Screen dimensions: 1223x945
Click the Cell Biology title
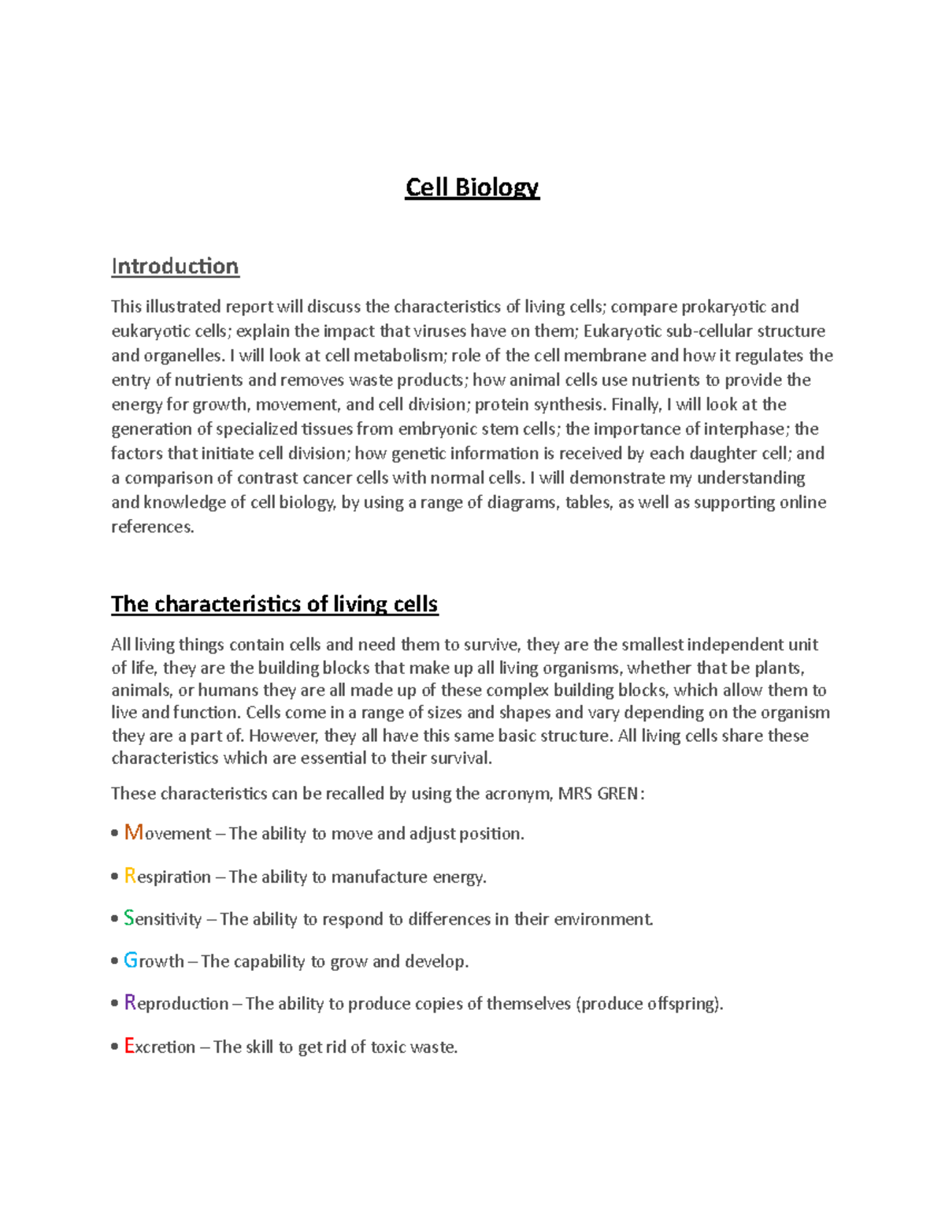click(x=472, y=187)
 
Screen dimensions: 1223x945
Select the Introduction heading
click(x=175, y=266)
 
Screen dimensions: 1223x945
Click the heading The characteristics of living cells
click(x=274, y=604)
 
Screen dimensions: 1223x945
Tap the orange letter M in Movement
click(x=133, y=832)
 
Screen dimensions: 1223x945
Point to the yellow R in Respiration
click(x=130, y=876)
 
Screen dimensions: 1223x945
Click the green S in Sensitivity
click(x=129, y=918)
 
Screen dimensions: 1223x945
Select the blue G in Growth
click(x=131, y=961)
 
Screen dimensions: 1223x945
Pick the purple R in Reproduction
click(x=130, y=1002)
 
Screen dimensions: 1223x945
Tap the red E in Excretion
click(x=129, y=1046)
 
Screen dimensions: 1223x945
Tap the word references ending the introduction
click(x=152, y=526)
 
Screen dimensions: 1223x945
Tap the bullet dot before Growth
click(x=115, y=962)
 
